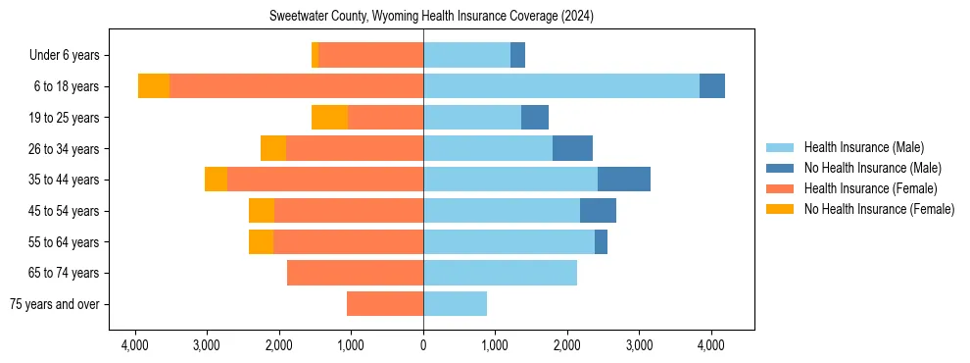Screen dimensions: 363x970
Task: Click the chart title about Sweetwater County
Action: (431, 17)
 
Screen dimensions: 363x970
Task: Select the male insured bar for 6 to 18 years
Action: (561, 86)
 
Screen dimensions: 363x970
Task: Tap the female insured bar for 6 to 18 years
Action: (296, 86)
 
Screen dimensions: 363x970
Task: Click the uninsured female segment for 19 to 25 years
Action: (329, 118)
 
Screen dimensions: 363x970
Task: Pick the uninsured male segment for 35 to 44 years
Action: (624, 180)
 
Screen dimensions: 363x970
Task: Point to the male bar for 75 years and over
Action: (455, 304)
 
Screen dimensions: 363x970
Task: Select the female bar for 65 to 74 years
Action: (355, 273)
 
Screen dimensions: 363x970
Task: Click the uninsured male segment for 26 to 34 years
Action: (572, 148)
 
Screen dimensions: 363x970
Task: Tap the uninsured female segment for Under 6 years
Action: (315, 55)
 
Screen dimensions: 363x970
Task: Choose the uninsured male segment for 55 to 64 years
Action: (601, 241)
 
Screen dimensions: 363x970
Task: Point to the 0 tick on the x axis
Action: (423, 345)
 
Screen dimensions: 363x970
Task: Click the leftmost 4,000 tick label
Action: (134, 345)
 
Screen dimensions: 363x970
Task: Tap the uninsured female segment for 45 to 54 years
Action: (262, 211)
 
